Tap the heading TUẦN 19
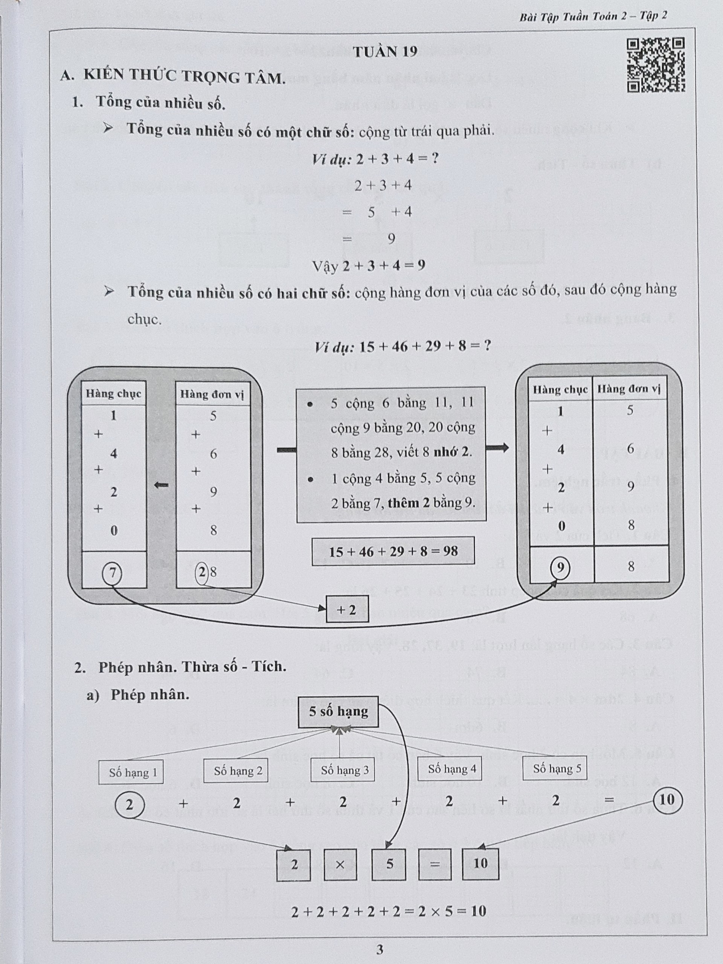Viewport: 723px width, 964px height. [385, 52]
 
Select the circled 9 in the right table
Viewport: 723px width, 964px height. [560, 567]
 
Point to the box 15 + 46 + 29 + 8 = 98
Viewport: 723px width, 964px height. [393, 551]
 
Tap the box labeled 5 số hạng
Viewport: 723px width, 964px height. [338, 712]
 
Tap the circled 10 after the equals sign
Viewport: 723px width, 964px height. [667, 800]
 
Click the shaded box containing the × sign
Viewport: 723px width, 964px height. [340, 864]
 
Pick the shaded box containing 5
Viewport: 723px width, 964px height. [389, 864]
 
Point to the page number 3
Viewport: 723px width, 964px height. [380, 949]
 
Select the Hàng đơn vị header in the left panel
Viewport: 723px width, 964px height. [212, 394]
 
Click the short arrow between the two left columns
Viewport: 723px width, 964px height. [161, 485]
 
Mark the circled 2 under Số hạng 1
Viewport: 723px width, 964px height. [130, 804]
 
